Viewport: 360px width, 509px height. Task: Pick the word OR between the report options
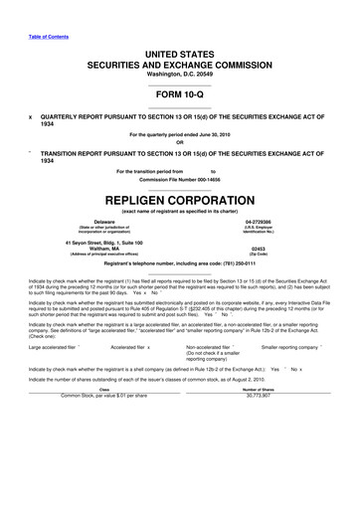180,141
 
